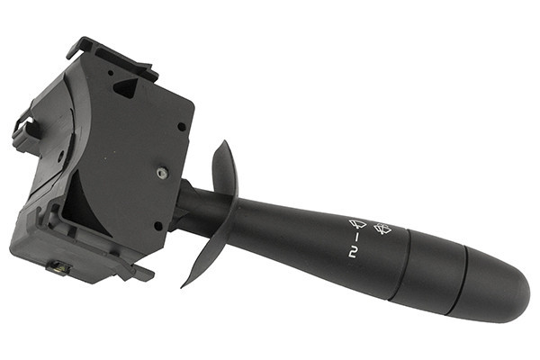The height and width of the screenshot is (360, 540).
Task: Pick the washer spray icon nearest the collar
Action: (382, 229)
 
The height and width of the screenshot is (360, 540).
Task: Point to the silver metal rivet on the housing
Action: (162, 173)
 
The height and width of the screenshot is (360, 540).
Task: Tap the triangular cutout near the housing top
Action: (126, 87)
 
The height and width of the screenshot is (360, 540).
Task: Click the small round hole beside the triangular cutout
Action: (111, 73)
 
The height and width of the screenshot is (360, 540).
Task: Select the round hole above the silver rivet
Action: (182, 127)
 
